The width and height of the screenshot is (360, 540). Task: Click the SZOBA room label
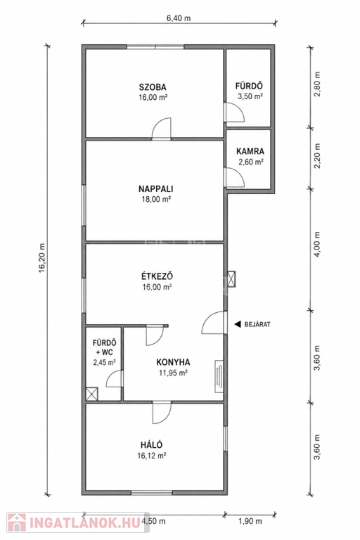[153, 87]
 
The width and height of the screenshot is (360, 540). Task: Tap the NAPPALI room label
[155, 188]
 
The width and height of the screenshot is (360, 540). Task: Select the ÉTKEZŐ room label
[157, 276]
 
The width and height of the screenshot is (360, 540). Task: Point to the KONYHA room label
[173, 362]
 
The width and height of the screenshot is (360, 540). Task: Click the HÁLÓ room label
[152, 444]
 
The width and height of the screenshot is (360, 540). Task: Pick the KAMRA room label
[250, 151]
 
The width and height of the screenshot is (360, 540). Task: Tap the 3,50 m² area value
[250, 96]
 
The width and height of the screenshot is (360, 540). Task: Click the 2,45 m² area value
[104, 362]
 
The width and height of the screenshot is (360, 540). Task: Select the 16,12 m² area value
[152, 456]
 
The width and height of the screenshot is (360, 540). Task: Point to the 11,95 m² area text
[173, 373]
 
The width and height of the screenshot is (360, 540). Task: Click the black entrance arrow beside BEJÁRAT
[238, 324]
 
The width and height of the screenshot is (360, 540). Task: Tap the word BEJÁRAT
[257, 324]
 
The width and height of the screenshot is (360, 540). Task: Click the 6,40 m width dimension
[179, 18]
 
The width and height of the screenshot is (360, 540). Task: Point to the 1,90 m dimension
[250, 521]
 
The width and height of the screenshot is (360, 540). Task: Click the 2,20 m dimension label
[317, 155]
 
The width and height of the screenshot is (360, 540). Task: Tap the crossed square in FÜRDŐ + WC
[92, 394]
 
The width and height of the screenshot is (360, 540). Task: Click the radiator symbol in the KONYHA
[219, 375]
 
